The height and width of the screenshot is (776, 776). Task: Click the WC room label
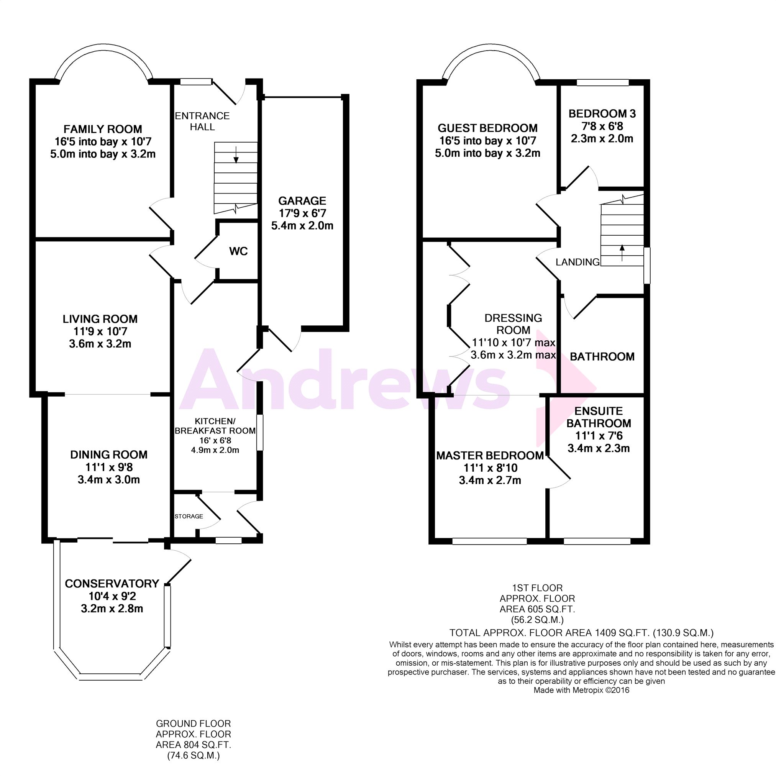(238, 251)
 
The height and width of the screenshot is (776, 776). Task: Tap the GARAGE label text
(302, 200)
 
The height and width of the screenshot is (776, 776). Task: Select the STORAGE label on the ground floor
(189, 516)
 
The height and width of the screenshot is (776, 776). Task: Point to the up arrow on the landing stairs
(622, 253)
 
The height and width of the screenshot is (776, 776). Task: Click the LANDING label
(577, 262)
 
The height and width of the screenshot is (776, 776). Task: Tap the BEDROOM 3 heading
(602, 114)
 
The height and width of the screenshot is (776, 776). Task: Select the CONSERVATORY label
(112, 584)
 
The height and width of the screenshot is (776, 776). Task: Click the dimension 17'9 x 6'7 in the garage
(302, 213)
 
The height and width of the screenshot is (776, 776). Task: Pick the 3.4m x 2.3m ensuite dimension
(599, 448)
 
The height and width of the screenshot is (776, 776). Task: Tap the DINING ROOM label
(109, 454)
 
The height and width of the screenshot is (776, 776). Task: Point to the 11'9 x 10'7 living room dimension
(100, 331)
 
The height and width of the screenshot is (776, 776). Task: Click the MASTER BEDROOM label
(490, 456)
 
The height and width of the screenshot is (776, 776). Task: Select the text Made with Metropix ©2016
(581, 691)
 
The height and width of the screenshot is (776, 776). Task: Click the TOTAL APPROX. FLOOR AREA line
(581, 633)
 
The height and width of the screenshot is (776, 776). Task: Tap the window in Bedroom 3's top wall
(602, 83)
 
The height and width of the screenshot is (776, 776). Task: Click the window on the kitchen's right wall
(260, 432)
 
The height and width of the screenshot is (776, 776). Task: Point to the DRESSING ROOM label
(514, 324)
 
